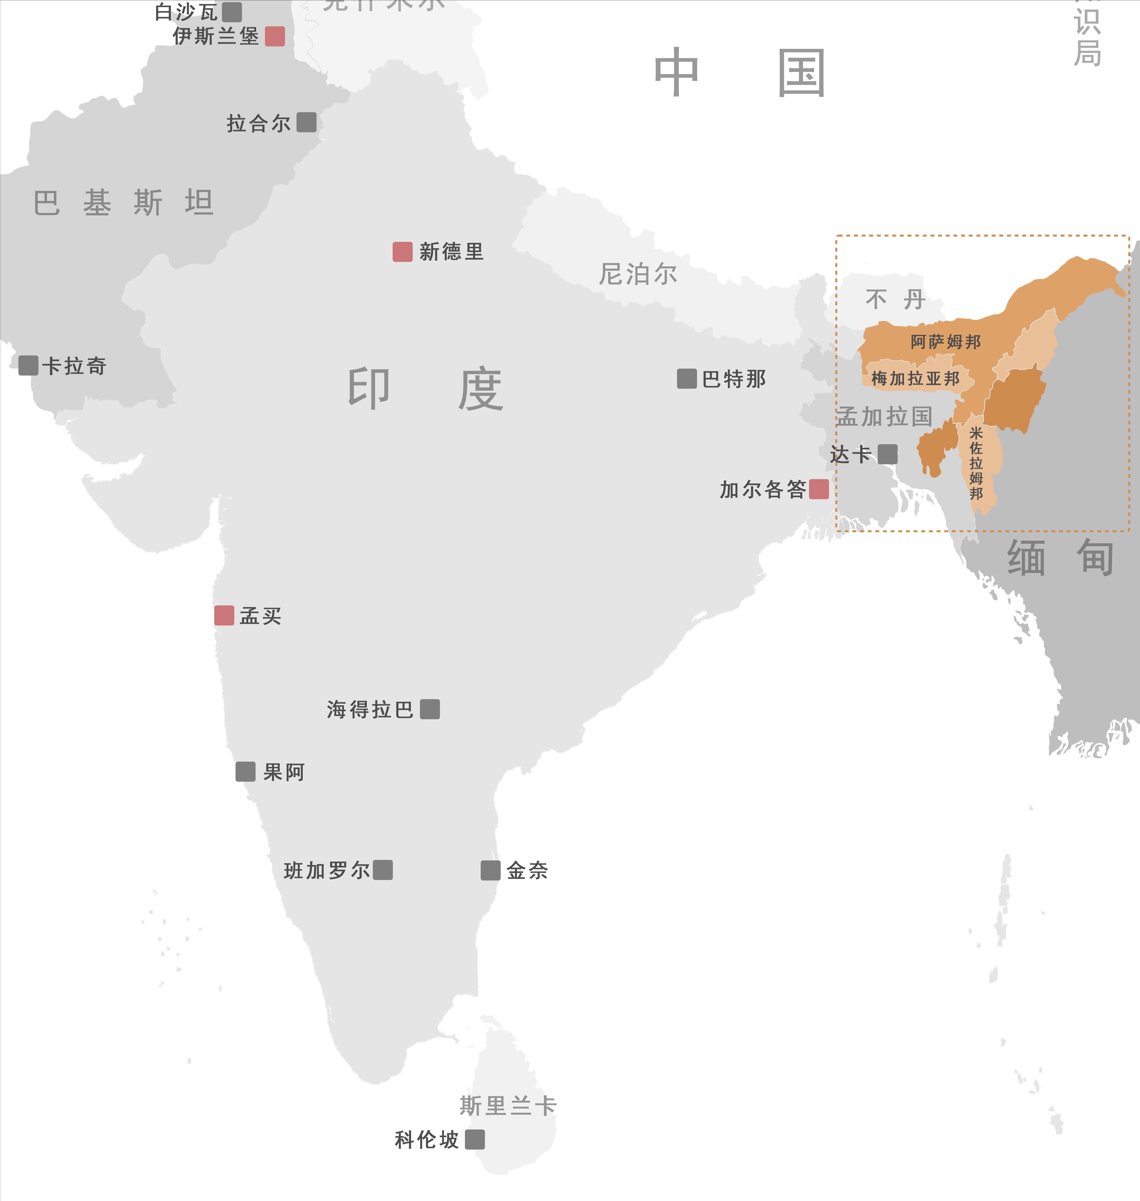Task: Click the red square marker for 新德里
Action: pos(402,252)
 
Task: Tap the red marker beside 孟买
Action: pos(224,616)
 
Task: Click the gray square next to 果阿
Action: pos(246,772)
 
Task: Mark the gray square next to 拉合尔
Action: pos(306,122)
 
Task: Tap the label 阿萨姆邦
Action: pos(946,342)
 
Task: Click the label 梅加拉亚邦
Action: pos(915,379)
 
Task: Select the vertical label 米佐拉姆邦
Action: pos(976,463)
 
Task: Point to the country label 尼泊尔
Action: pos(638,274)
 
